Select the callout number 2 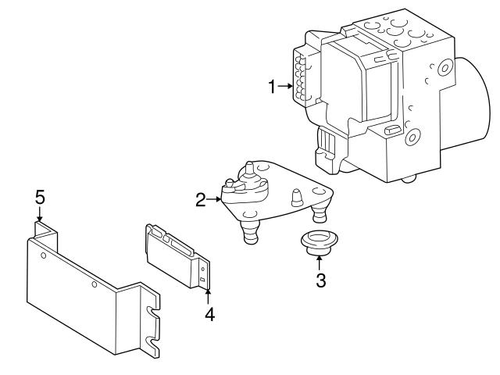click(201, 201)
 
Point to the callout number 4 click(209, 315)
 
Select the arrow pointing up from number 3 click(320, 263)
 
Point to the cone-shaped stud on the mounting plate click(297, 198)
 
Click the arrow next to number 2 click(214, 201)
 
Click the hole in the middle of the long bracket click(95, 284)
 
